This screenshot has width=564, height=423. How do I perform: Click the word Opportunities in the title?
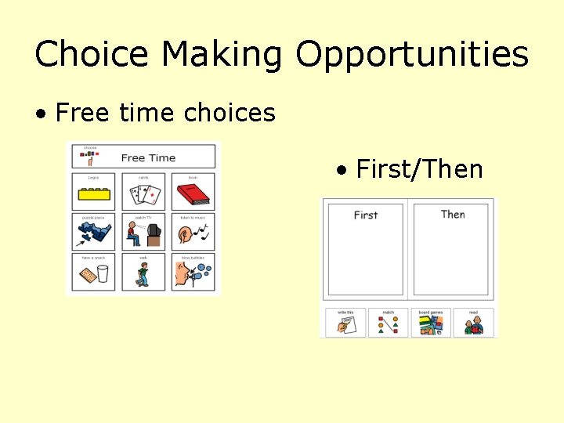point(412,55)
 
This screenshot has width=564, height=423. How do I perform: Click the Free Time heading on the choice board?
point(148,157)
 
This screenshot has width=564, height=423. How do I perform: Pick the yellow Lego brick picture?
point(94,193)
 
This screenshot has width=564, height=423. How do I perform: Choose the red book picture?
point(192,193)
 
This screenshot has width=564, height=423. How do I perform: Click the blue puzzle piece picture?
point(94,233)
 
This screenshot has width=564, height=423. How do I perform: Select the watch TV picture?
point(143,233)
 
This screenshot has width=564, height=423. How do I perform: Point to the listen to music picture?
point(192,233)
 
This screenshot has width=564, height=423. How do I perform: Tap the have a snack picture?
point(94,274)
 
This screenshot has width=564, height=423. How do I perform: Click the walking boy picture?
point(143,274)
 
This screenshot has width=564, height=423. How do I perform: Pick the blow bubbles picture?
point(192,274)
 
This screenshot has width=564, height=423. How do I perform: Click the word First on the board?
point(366,215)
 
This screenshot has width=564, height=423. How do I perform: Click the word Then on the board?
point(453,214)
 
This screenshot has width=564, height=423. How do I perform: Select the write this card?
point(346,323)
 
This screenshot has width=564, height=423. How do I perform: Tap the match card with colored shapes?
point(389,323)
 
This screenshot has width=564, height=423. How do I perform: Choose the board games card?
point(431,323)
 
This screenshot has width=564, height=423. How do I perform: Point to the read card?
point(473,323)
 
